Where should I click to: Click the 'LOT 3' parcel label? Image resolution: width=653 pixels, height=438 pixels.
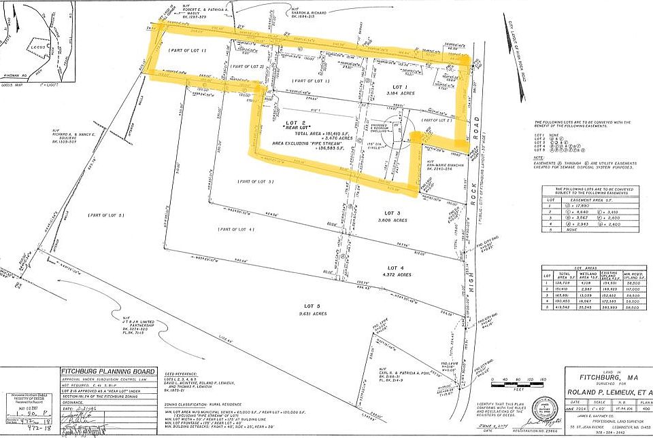pyautogui.click(x=399, y=213)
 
